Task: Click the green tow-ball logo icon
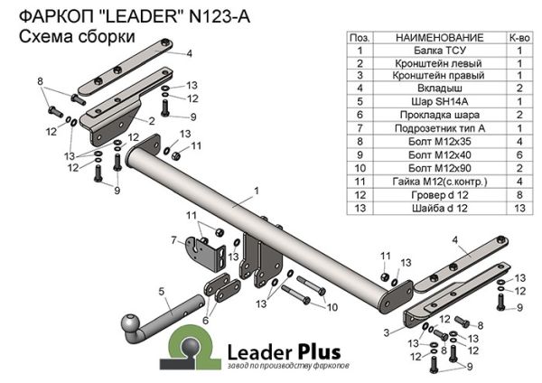click(192, 350)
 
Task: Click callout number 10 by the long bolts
click(332, 308)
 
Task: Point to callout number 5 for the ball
click(161, 292)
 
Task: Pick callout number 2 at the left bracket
click(151, 120)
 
